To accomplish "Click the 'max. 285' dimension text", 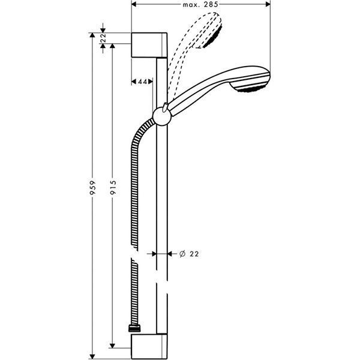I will [200, 5].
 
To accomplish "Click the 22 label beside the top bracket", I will [104, 38].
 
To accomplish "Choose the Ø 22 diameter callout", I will [189, 254].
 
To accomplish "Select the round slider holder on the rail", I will [161, 116].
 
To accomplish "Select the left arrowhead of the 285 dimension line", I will [133, 5].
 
